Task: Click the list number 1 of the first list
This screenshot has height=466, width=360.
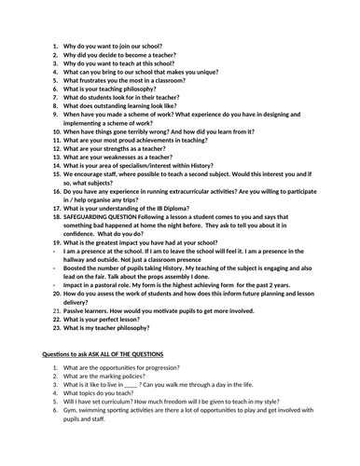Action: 55,45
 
